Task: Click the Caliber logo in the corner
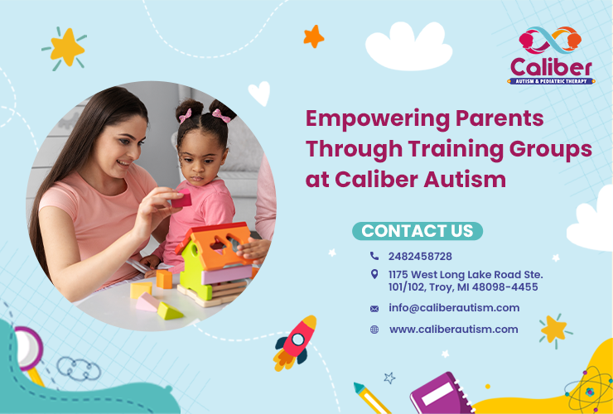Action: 551,56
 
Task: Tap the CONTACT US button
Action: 418,230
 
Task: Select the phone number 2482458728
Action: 420,257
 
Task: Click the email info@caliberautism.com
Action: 454,308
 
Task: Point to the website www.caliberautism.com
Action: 453,330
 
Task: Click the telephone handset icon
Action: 374,257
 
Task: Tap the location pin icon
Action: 374,274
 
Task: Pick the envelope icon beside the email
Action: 374,309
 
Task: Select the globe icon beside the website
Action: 374,330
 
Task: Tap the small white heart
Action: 258,94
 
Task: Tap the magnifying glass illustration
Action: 29,349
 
